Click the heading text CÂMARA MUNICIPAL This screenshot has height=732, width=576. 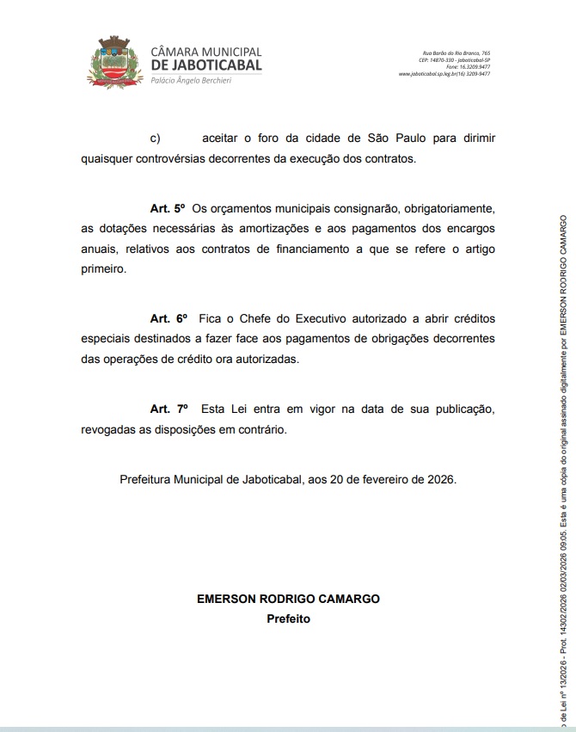[205, 52]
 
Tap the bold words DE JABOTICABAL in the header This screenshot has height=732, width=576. [206, 65]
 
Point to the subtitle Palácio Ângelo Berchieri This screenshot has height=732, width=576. [190, 80]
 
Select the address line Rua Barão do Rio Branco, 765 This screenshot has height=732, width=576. [457, 53]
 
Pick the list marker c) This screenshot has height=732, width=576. [156, 138]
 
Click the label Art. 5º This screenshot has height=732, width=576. [168, 208]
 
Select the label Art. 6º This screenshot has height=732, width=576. [168, 319]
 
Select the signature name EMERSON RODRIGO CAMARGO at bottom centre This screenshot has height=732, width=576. [288, 599]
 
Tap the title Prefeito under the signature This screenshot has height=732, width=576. [288, 618]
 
